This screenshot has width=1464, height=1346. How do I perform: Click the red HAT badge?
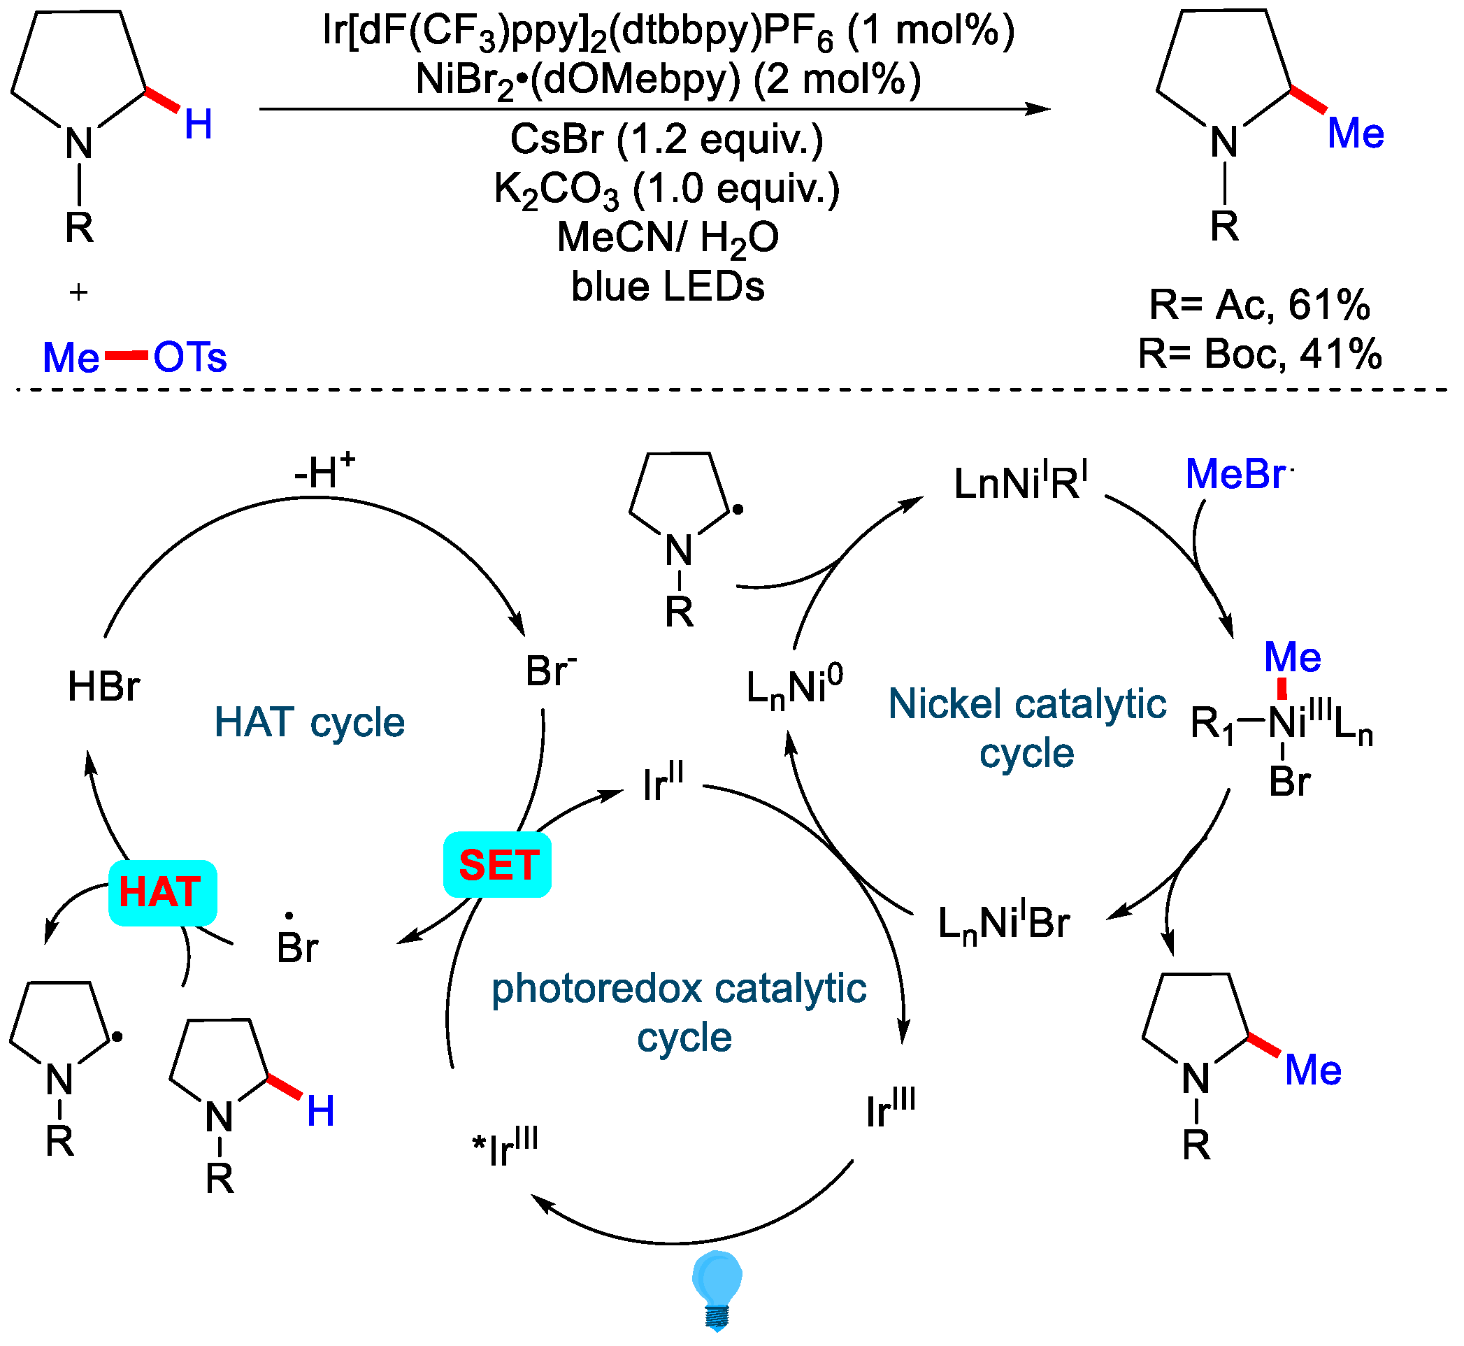[x=162, y=893]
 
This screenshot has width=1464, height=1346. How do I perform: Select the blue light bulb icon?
[x=717, y=1289]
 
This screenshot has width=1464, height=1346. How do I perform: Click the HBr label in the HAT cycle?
[x=103, y=687]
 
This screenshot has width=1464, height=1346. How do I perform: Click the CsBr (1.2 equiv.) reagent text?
[x=666, y=139]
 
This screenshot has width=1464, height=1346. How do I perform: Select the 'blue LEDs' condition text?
[x=667, y=287]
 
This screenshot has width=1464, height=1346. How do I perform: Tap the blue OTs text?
[x=190, y=357]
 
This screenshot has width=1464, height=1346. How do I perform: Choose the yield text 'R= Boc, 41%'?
[x=1259, y=355]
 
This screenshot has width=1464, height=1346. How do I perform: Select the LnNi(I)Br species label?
[x=1003, y=924]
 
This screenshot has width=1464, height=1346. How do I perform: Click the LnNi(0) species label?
[x=795, y=687]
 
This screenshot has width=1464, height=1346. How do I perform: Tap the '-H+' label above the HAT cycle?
[x=324, y=472]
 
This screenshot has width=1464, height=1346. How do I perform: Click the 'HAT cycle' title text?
[x=310, y=722]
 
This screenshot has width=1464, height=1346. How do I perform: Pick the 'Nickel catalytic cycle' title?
[x=1027, y=729]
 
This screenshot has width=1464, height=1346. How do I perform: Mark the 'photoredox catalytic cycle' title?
[x=679, y=1012]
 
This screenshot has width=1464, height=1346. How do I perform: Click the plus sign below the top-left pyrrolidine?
[x=79, y=293]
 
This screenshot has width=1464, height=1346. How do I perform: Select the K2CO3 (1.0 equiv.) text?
[x=666, y=189]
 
